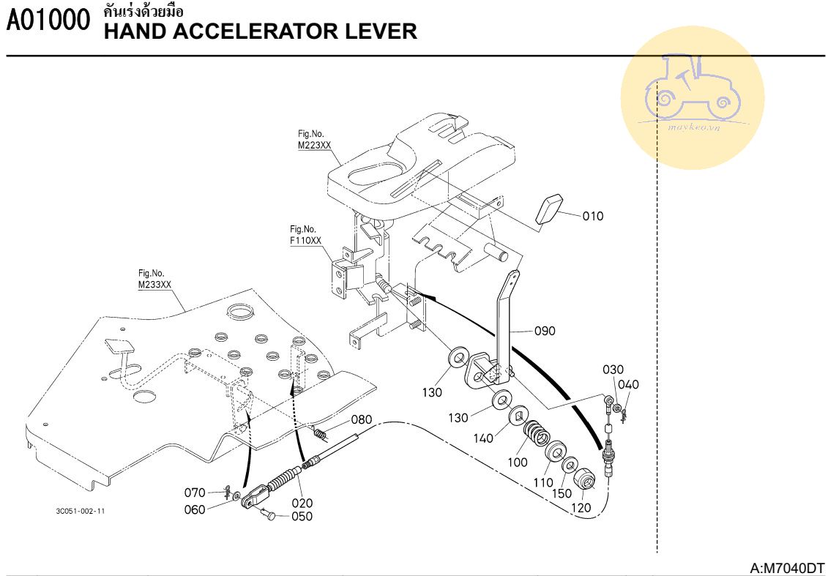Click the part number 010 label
tap(594, 216)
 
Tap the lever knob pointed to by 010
tap(549, 209)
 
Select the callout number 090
tap(545, 331)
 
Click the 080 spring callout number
tap(362, 420)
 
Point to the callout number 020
tap(302, 503)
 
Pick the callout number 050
tap(302, 517)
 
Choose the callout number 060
tap(195, 509)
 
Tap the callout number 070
tap(195, 492)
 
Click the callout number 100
tap(518, 463)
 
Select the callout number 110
tap(543, 483)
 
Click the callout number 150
tap(562, 495)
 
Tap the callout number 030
tap(613, 370)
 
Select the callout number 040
tap(628, 385)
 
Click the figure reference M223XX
tap(314, 146)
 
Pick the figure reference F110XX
tap(305, 240)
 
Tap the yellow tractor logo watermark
tap(692, 97)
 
